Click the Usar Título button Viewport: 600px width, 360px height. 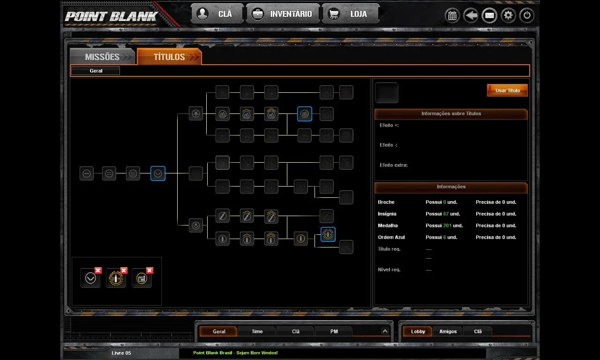click(507, 90)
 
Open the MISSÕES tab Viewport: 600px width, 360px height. click(102, 57)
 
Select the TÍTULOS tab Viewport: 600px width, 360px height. click(169, 57)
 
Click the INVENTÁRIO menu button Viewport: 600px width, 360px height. click(283, 14)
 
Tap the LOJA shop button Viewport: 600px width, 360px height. click(351, 14)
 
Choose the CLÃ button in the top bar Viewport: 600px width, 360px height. click(217, 14)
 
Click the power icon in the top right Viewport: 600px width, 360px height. click(526, 15)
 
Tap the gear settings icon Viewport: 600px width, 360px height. click(508, 15)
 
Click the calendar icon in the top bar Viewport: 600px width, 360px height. click(452, 15)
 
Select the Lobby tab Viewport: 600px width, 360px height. click(418, 331)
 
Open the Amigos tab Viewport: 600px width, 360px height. click(448, 331)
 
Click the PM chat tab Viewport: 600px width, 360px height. click(334, 331)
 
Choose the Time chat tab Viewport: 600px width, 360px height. click(257, 331)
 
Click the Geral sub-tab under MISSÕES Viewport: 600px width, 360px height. click(96, 71)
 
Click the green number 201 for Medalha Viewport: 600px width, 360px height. click(447, 225)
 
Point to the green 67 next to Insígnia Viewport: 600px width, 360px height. click(446, 214)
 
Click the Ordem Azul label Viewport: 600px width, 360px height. click(391, 237)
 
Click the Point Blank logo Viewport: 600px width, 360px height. click(111, 16)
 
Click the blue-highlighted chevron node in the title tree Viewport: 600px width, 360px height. click(158, 173)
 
